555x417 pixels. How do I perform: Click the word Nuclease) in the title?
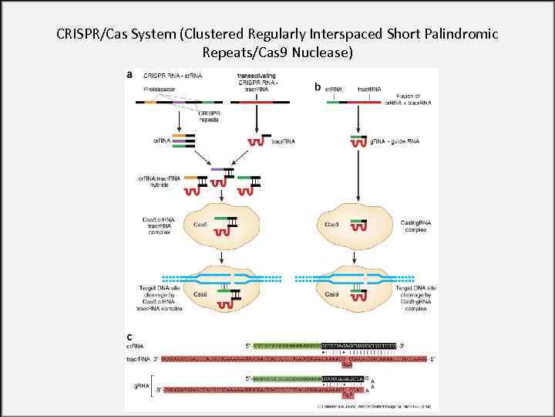pos(320,53)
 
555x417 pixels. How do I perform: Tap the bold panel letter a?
pos(129,75)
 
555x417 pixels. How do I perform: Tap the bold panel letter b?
pos(318,87)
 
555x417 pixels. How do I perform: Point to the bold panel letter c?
pos(129,337)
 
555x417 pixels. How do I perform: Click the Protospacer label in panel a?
pos(159,90)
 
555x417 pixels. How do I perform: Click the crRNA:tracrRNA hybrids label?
pos(158,181)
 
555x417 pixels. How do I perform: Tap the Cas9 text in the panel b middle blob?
pos(331,225)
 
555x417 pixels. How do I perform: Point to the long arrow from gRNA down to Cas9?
pos(357,178)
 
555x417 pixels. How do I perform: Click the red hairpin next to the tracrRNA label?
pos(254,142)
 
